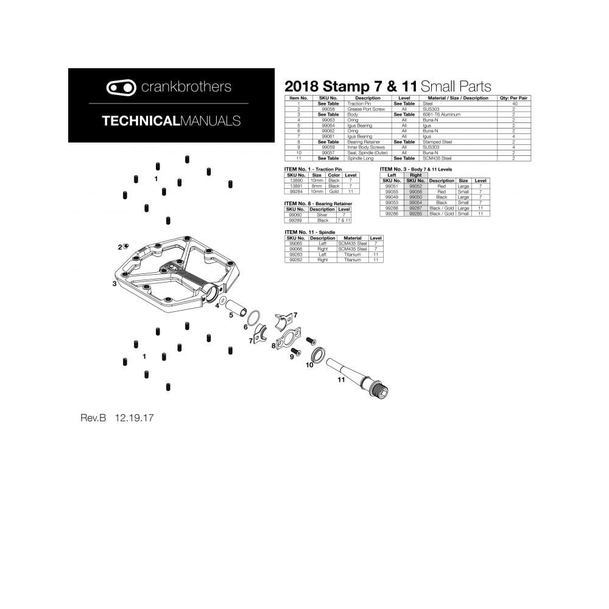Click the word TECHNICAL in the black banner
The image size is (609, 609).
(139, 121)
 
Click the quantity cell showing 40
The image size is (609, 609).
(513, 104)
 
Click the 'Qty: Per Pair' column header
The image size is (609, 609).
(513, 98)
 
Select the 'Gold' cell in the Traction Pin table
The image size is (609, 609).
(334, 191)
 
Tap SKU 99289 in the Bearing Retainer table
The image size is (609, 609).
(295, 220)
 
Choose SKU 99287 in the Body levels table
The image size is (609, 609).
(416, 208)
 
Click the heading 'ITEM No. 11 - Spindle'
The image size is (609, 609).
(310, 233)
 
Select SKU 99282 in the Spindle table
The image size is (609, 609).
(295, 259)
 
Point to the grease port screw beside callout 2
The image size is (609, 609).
(126, 245)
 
